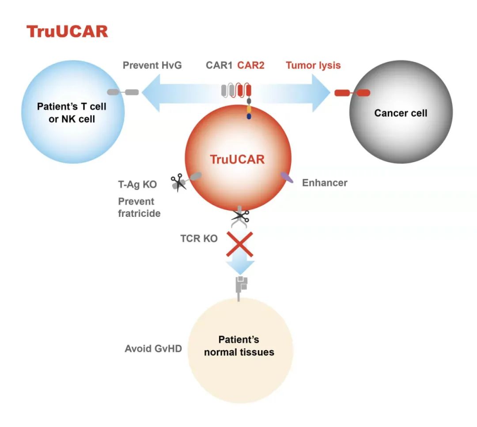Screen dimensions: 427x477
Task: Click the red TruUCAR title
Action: pos(67,32)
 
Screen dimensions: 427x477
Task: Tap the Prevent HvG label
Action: pos(152,66)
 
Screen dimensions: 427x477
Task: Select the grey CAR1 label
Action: pos(219,66)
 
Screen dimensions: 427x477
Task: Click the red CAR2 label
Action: pos(251,66)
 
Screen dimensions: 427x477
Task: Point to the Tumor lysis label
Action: pos(313,66)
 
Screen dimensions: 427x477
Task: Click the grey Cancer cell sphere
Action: pos(401,128)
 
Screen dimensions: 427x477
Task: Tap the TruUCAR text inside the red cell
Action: pos(237,159)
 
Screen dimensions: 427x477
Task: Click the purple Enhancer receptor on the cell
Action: pos(287,178)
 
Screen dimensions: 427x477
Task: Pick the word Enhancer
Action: pos(325,182)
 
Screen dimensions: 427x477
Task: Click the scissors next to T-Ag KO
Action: pos(178,182)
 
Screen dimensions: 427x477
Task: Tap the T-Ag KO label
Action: pos(137,185)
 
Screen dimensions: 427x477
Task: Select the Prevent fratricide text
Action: pos(139,208)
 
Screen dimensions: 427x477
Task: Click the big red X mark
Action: pos(239,244)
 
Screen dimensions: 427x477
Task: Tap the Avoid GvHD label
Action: pos(153,349)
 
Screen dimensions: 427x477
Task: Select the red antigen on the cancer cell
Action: pos(352,93)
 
